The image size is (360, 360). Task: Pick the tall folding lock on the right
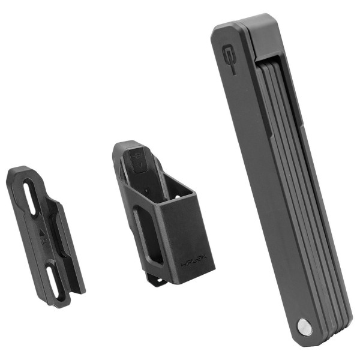(276, 180)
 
